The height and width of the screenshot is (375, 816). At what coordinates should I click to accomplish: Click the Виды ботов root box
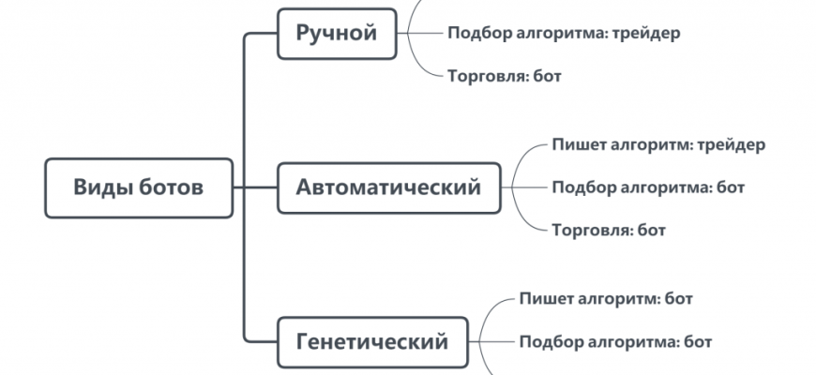coord(139,187)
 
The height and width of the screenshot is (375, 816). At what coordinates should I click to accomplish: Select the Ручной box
coord(337,35)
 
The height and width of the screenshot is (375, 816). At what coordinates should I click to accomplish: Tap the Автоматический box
coord(389,187)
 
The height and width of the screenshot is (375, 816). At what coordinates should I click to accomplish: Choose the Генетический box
coord(372,341)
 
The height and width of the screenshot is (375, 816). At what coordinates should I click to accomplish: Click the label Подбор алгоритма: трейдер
coord(564,33)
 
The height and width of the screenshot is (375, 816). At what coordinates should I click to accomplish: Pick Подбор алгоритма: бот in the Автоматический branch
coord(648,187)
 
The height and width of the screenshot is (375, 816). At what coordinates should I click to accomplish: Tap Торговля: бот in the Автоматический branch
coord(609,229)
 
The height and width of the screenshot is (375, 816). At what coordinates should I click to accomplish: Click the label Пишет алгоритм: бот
coord(606,299)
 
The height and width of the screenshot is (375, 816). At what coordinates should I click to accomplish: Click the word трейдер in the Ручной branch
coord(647,33)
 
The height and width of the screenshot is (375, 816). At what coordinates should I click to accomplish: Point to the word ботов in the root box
coord(172,187)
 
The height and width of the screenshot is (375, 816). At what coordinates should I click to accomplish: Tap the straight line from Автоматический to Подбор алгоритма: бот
coord(525,187)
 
